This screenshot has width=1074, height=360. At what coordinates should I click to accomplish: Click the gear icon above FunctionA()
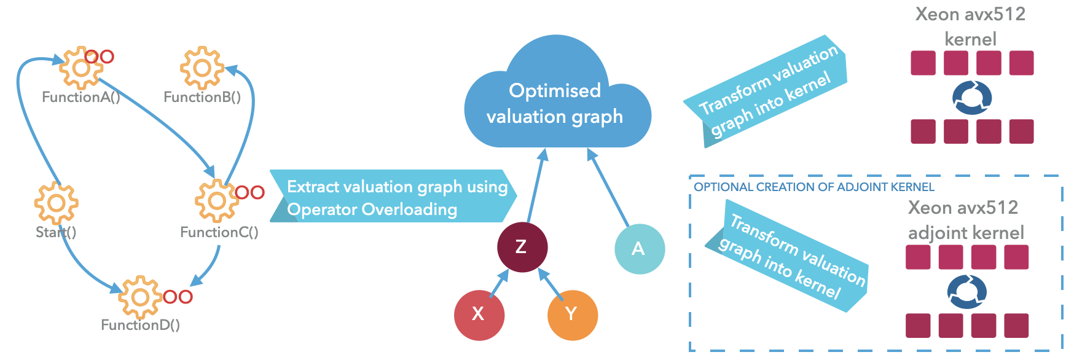point(81,68)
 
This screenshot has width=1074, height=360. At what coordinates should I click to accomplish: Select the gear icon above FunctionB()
point(202,68)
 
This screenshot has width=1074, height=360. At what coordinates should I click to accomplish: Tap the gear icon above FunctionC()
point(216,200)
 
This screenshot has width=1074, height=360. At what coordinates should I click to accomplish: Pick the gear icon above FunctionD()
point(140,297)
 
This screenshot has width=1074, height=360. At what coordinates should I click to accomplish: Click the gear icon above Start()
point(56,203)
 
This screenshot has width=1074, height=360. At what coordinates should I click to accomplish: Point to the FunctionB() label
point(202,97)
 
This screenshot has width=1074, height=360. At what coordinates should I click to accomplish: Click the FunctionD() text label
point(140,325)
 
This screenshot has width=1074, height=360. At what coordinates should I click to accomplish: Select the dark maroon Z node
point(522,247)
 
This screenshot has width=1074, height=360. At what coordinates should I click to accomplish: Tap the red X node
point(479,315)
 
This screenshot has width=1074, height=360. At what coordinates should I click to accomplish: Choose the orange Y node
point(572,315)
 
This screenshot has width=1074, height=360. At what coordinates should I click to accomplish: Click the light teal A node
point(639,248)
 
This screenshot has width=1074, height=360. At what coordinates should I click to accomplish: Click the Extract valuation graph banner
point(393,197)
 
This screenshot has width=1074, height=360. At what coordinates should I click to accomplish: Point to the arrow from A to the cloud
point(608,187)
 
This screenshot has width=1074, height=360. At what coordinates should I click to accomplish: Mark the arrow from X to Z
point(499,284)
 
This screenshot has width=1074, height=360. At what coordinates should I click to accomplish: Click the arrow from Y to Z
point(551,284)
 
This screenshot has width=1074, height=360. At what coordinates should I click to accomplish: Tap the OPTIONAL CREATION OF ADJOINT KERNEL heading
point(813,187)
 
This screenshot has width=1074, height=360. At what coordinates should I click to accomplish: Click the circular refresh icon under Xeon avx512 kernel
point(971,98)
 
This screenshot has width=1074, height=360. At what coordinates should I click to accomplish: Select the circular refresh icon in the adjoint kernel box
point(966,292)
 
